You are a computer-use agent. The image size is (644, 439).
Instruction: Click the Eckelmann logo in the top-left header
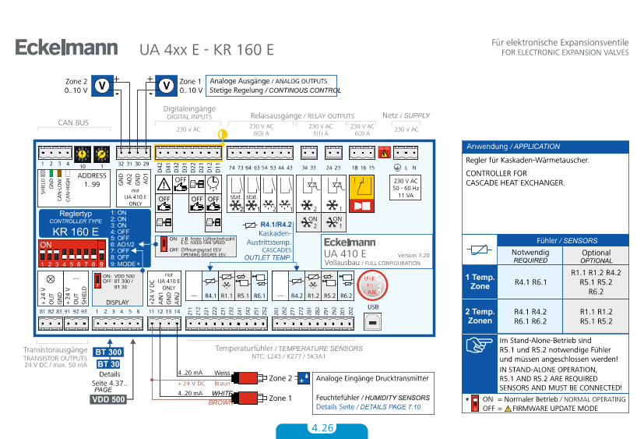click(x=66, y=48)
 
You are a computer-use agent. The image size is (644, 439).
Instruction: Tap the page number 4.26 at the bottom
click(x=322, y=428)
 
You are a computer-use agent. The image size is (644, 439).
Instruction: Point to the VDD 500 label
click(x=108, y=399)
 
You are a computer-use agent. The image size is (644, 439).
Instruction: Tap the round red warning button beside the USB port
click(x=372, y=285)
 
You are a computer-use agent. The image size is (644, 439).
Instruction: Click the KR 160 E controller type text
click(x=76, y=231)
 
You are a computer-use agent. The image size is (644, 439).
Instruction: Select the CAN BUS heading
click(x=73, y=122)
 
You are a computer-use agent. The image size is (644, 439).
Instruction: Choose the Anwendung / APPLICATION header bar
click(x=545, y=147)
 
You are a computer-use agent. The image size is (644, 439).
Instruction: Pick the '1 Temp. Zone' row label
click(x=479, y=281)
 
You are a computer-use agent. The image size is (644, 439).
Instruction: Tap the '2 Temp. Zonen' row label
click(x=479, y=317)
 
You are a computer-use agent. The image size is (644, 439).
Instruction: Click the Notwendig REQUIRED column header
click(x=530, y=257)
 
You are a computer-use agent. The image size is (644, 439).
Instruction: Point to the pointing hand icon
click(x=475, y=345)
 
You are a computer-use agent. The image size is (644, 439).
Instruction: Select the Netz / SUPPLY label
click(x=406, y=115)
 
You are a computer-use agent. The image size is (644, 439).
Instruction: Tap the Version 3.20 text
click(x=413, y=255)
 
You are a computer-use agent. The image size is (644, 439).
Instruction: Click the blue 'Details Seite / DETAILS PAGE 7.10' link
click(x=368, y=407)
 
